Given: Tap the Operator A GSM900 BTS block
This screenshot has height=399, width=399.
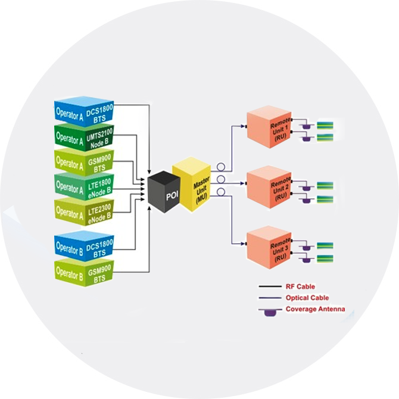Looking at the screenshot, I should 84,163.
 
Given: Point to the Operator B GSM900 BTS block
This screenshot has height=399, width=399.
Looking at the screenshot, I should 84,272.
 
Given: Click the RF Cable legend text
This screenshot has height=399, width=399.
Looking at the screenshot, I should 301,286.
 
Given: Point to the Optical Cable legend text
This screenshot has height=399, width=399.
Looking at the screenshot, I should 307,298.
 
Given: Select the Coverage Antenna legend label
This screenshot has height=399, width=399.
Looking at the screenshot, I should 314,309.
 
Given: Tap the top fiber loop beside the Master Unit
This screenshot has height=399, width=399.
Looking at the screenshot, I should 220,169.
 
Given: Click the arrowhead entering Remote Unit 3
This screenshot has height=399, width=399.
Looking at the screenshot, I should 244,242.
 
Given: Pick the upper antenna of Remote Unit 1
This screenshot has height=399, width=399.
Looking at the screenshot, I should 307,126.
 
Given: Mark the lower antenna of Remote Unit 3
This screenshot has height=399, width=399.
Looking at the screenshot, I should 307,258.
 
